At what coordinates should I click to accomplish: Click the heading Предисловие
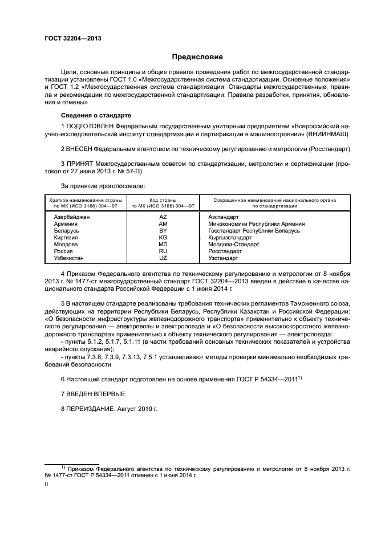coord(198,57)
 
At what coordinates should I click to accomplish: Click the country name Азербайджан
coord(72,217)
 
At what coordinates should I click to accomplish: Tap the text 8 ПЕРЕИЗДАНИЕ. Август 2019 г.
coord(108,409)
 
